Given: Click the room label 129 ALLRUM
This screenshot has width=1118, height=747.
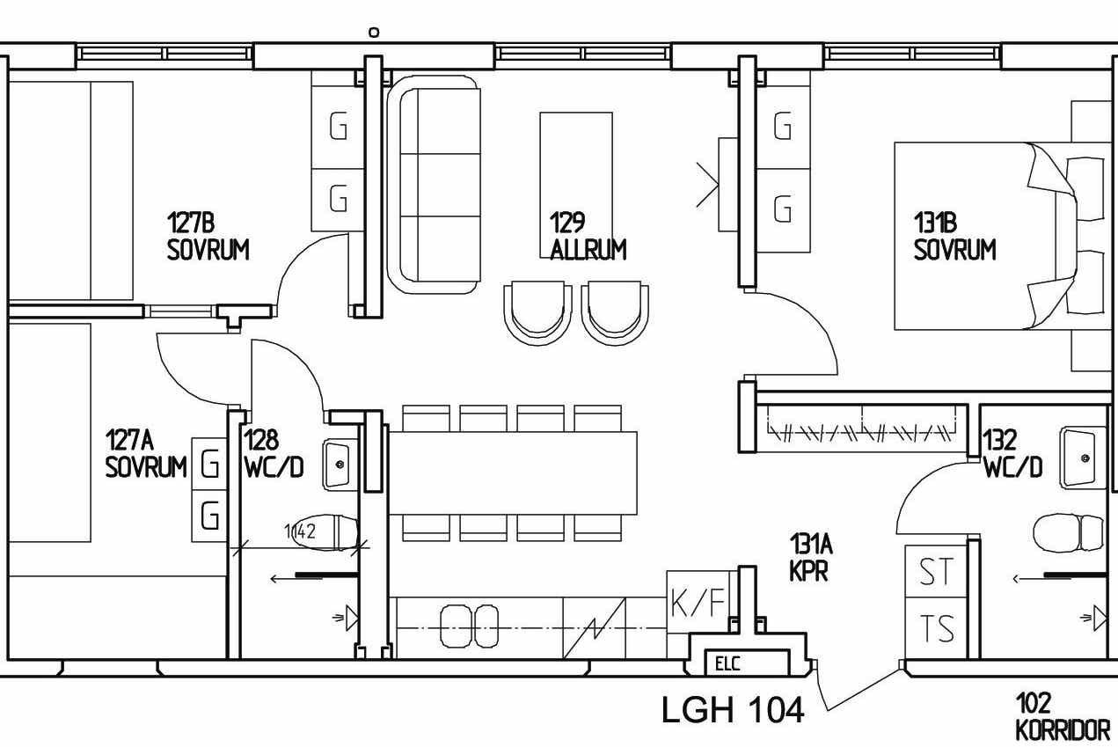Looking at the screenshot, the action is coord(588,236).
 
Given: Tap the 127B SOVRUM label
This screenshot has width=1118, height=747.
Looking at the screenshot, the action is coord(208,236).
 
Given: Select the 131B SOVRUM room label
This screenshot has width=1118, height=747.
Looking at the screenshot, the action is coord(954,236).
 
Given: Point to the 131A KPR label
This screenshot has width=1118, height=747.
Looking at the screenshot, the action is coord(810,557).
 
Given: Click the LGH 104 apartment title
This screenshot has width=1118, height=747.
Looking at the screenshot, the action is coord(733,709).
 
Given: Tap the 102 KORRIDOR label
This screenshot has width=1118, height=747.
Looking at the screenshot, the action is coord(1063,716).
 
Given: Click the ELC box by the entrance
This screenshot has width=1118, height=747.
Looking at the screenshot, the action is coord(747,663).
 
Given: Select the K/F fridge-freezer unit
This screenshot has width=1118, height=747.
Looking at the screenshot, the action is coord(698,602).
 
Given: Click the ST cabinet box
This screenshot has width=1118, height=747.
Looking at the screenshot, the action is coord(936,571).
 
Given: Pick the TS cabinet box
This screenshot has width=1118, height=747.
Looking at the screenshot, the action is coord(936,627).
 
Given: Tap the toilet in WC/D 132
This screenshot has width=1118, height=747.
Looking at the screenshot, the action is coord(1068,532).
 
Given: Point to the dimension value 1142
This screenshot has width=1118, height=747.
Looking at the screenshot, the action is coord(300,531).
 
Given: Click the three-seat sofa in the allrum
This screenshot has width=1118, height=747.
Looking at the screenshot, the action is coord(435,184).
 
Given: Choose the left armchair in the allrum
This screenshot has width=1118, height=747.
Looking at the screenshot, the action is coord(537,312).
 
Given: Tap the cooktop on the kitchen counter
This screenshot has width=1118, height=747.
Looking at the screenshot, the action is coord(469,626).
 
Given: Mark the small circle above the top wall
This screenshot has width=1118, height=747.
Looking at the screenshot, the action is coord(374,33).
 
